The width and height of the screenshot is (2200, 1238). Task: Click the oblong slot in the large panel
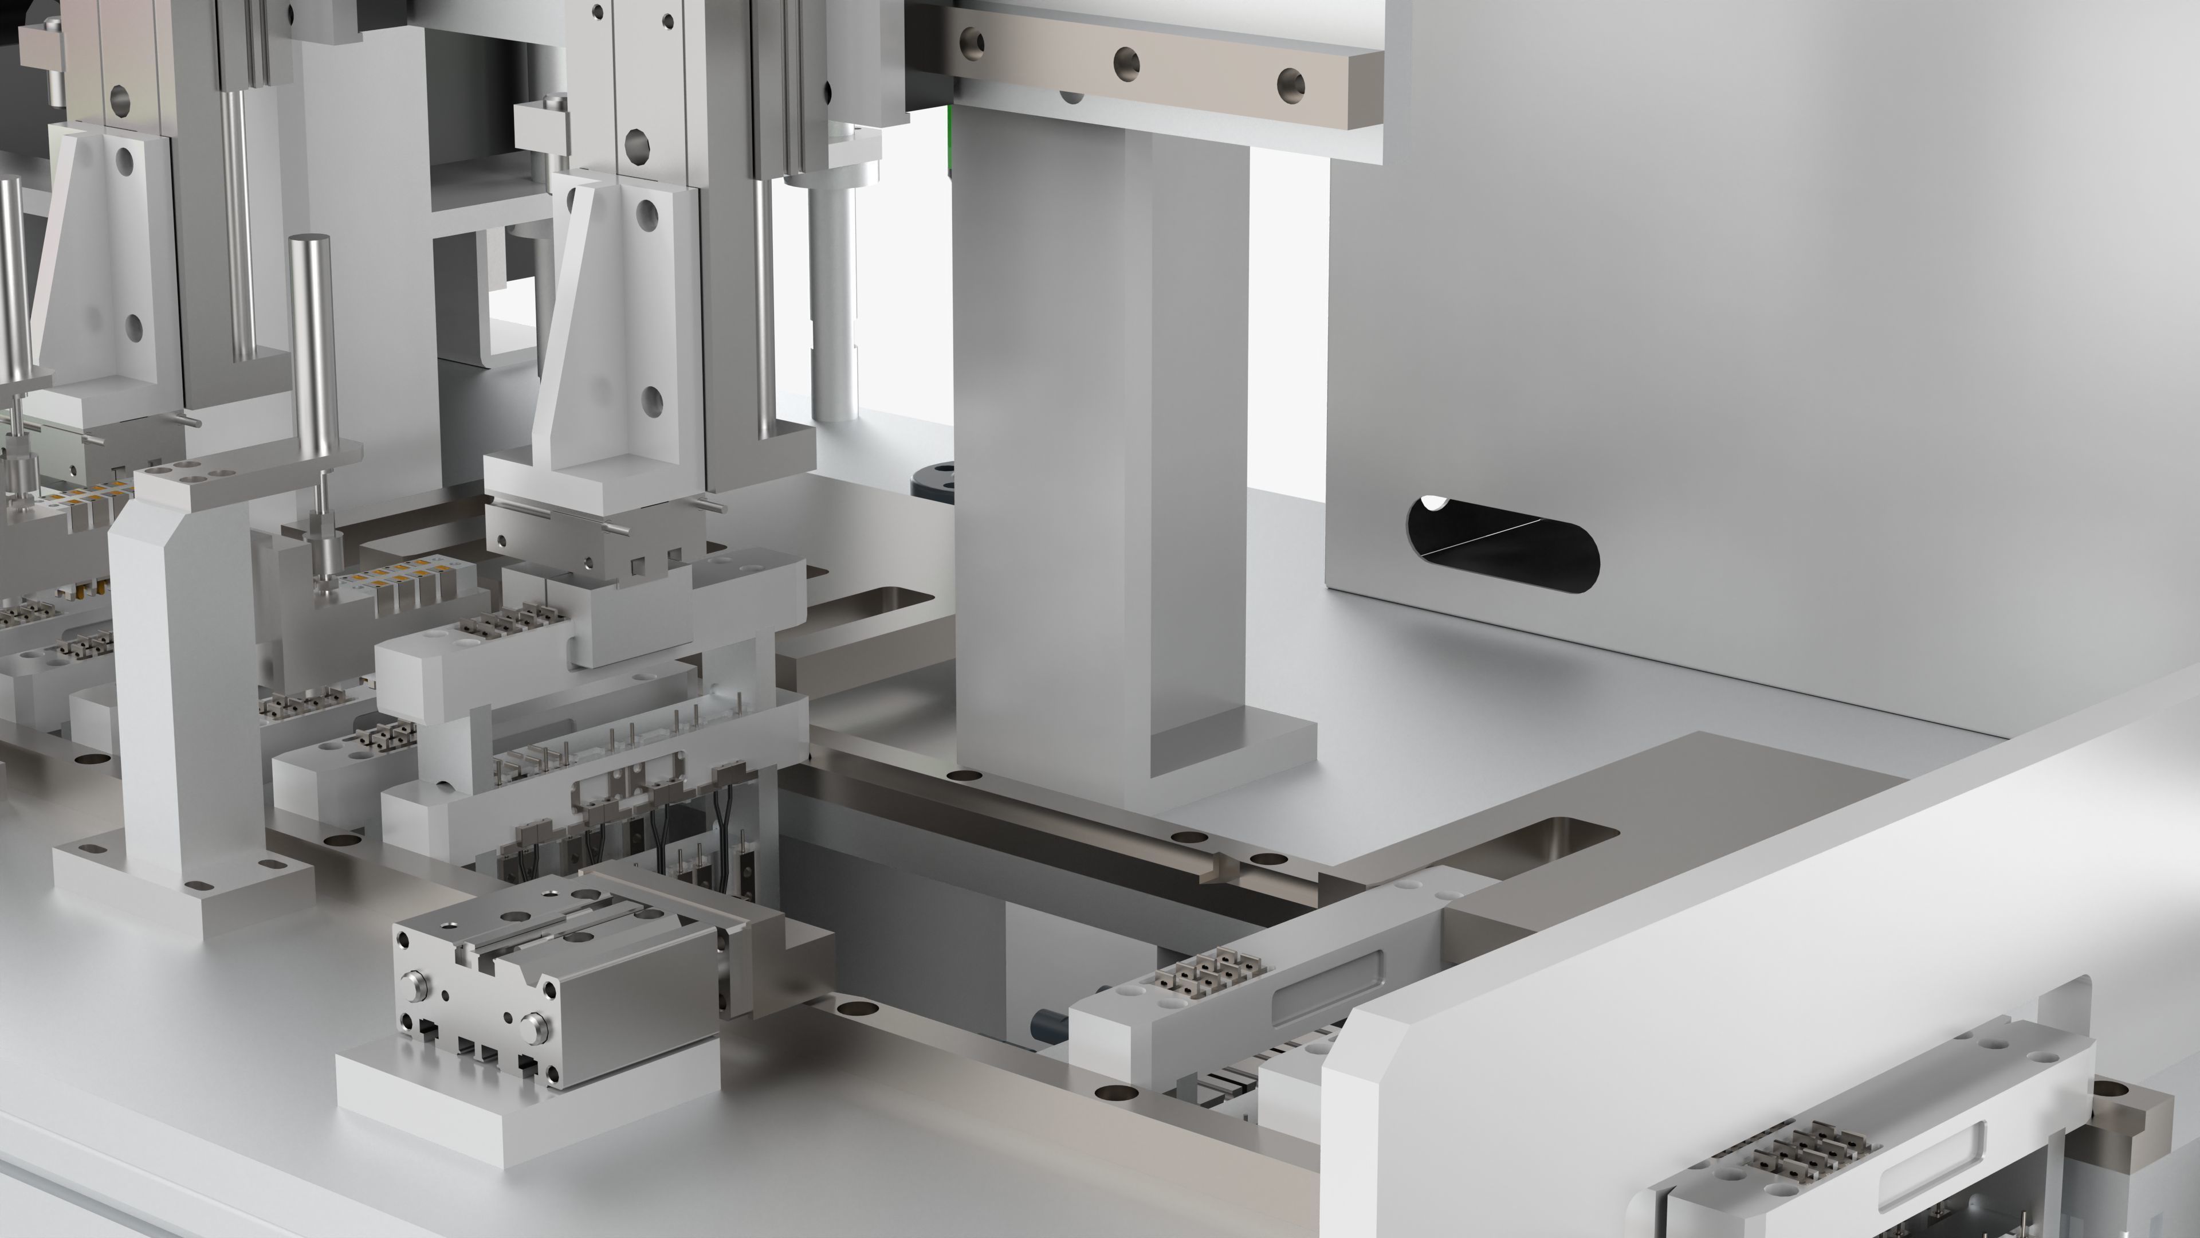(x=1503, y=545)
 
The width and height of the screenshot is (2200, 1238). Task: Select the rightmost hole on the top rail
(x=1290, y=84)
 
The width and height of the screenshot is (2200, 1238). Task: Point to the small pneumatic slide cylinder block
(x=547, y=982)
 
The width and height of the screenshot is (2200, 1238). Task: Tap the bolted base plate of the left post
(x=183, y=880)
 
